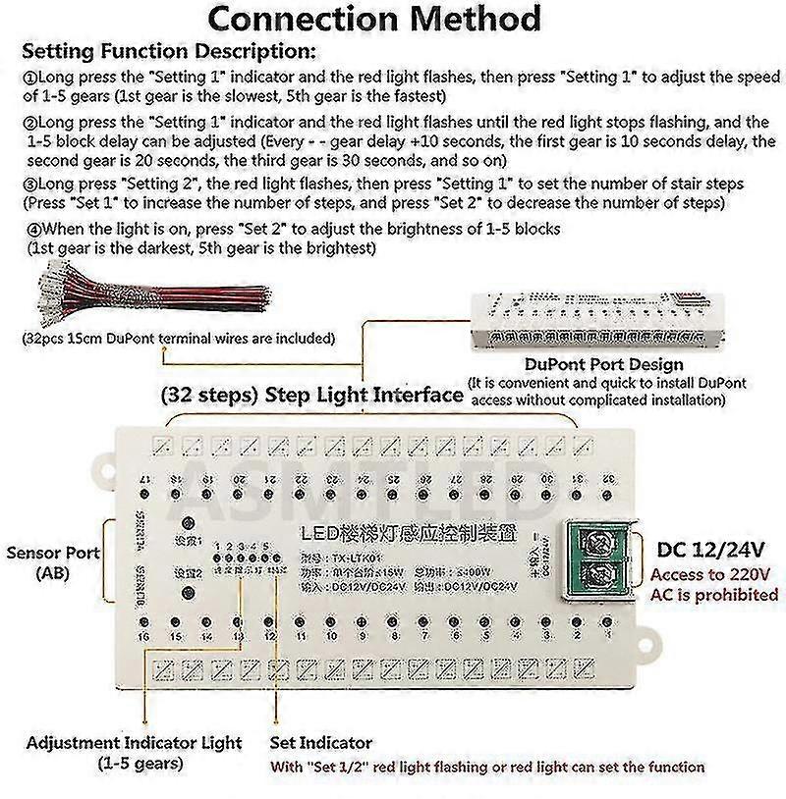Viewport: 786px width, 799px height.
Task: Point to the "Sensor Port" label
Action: [52, 554]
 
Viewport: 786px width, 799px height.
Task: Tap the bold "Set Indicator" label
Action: [320, 743]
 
